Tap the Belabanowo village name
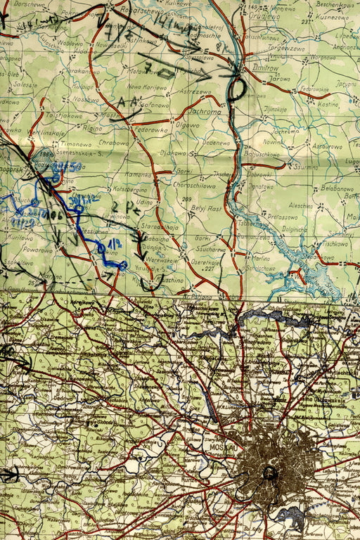click(x=335, y=188)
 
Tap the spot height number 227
click(x=210, y=268)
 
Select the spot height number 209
click(x=186, y=199)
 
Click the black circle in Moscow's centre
click(x=269, y=473)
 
